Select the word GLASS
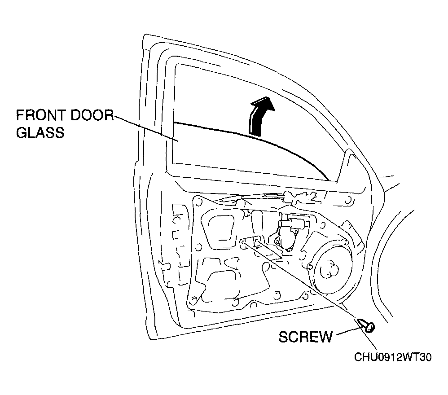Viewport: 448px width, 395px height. [x=40, y=132]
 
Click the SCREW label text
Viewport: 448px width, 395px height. [x=305, y=337]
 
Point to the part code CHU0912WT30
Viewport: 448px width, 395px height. [x=393, y=357]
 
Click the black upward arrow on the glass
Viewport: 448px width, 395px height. [x=260, y=115]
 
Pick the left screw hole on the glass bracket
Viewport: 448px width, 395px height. [x=243, y=244]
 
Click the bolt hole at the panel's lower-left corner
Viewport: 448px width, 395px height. [x=193, y=301]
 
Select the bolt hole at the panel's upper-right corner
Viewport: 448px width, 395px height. [x=348, y=200]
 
